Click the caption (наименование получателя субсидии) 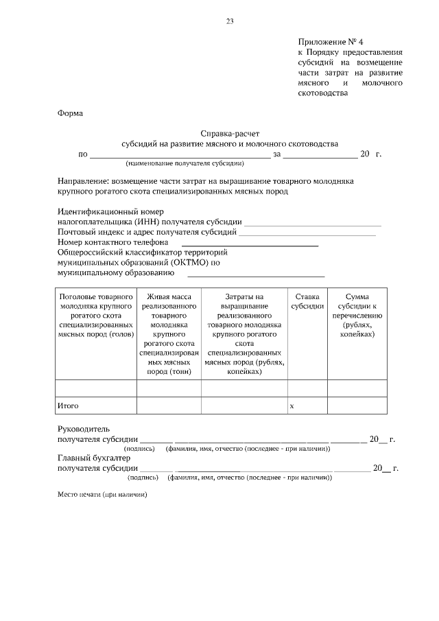point(185,165)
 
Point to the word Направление point(87,180)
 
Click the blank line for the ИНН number point(312,222)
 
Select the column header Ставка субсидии point(307,301)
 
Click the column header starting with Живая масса point(169,333)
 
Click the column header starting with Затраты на point(244,333)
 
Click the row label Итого point(68,406)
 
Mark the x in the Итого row point(292,406)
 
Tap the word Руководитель point(83,428)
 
